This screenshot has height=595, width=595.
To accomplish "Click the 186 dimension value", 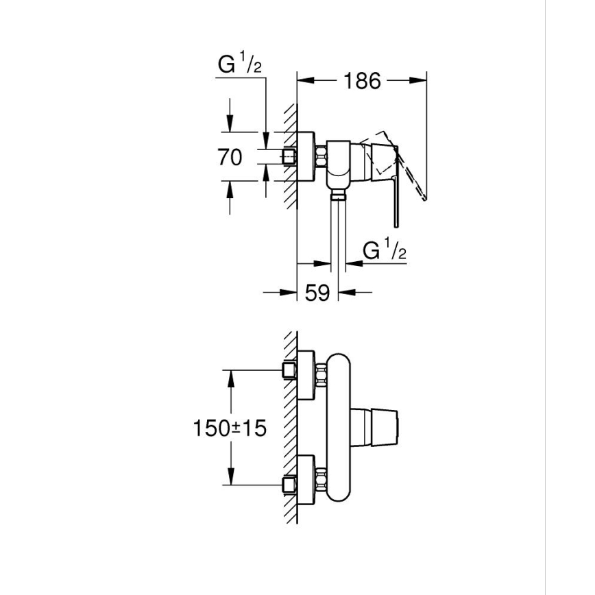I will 362,81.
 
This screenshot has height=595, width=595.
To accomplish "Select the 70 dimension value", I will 230,157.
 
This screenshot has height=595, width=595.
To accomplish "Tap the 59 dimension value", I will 317,293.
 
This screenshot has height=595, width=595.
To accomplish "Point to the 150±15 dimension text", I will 230,428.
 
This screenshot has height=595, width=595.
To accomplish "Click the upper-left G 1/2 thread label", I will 240,65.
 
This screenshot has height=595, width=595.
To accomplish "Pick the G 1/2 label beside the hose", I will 385,251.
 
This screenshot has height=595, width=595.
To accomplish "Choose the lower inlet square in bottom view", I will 289,486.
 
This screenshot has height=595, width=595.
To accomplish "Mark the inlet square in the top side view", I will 289,157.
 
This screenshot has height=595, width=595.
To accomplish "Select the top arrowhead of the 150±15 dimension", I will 231,376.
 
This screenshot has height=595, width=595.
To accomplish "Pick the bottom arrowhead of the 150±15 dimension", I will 231,480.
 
